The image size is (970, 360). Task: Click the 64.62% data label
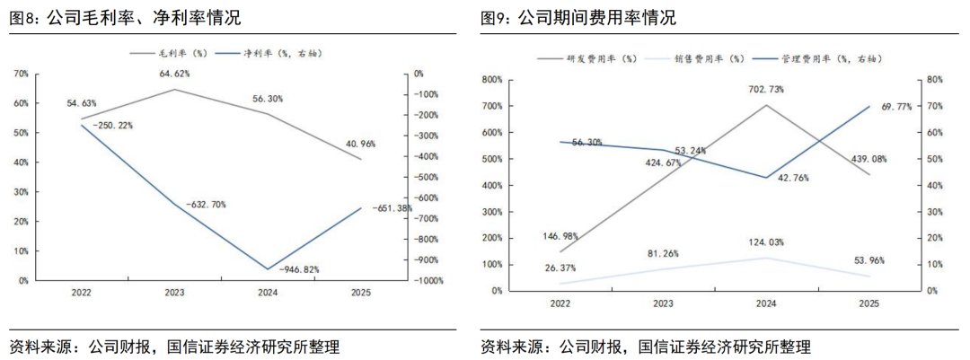pyautogui.click(x=174, y=73)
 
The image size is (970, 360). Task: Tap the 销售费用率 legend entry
pyautogui.click(x=710, y=58)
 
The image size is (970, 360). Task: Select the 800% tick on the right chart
pyautogui.click(x=491, y=80)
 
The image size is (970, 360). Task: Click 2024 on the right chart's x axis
pyautogui.click(x=766, y=304)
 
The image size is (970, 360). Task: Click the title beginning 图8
pyautogui.click(x=125, y=17)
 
